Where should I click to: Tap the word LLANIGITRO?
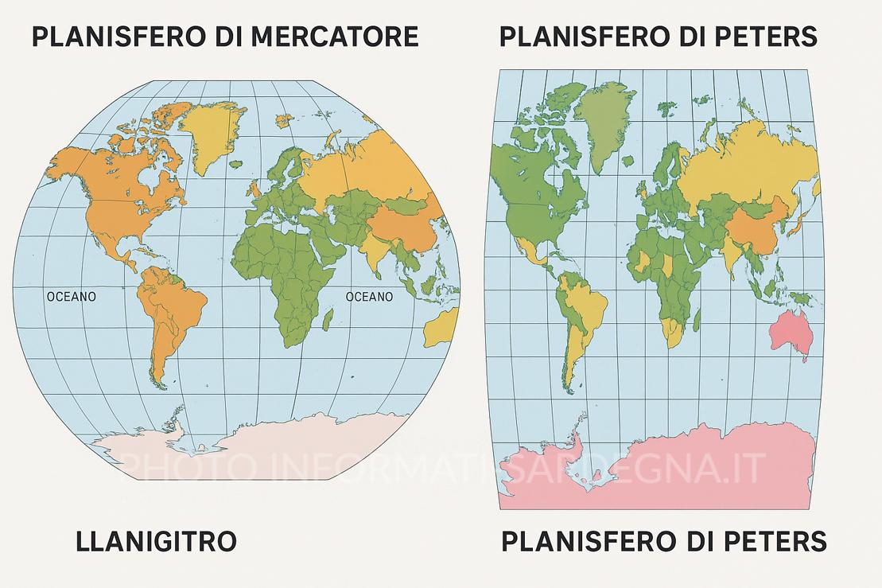(x=156, y=542)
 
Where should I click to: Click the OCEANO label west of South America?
(x=72, y=297)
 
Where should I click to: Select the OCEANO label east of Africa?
(x=369, y=297)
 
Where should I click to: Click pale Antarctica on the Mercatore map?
(x=262, y=446)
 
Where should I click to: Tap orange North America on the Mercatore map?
(x=119, y=199)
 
